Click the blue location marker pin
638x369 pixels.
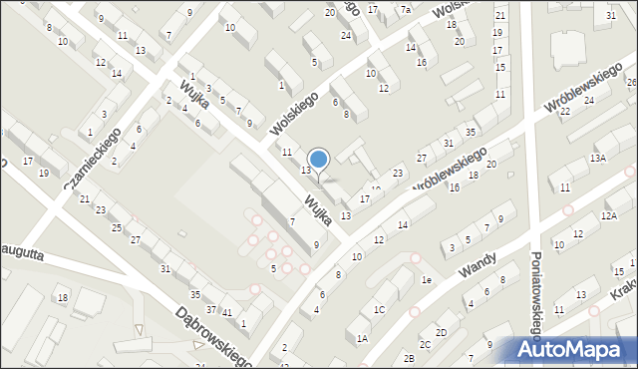click(318, 160)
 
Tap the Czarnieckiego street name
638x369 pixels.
click(93, 159)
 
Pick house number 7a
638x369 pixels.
click(406, 10)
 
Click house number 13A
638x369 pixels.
click(597, 159)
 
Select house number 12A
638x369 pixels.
click(609, 215)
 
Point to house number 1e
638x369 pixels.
click(426, 280)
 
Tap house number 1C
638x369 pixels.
click(379, 310)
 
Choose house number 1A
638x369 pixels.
click(362, 339)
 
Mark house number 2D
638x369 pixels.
click(441, 332)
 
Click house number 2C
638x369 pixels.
click(425, 345)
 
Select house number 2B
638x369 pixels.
click(408, 358)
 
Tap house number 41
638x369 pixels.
click(227, 314)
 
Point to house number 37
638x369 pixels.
click(211, 309)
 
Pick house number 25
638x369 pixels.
click(117, 228)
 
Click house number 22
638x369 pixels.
click(564, 111)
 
